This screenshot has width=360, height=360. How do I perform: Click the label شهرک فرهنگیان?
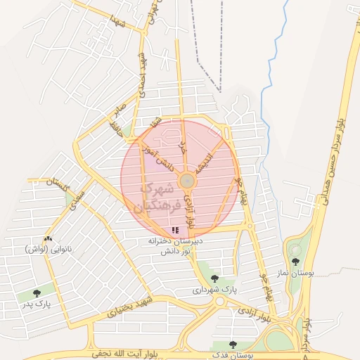pyautogui.click(x=156, y=197)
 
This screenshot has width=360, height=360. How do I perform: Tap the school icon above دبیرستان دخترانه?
pyautogui.click(x=175, y=230)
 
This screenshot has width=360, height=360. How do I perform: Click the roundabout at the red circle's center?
pyautogui.click(x=186, y=181)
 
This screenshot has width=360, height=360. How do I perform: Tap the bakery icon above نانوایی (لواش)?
pyautogui.click(x=48, y=239)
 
